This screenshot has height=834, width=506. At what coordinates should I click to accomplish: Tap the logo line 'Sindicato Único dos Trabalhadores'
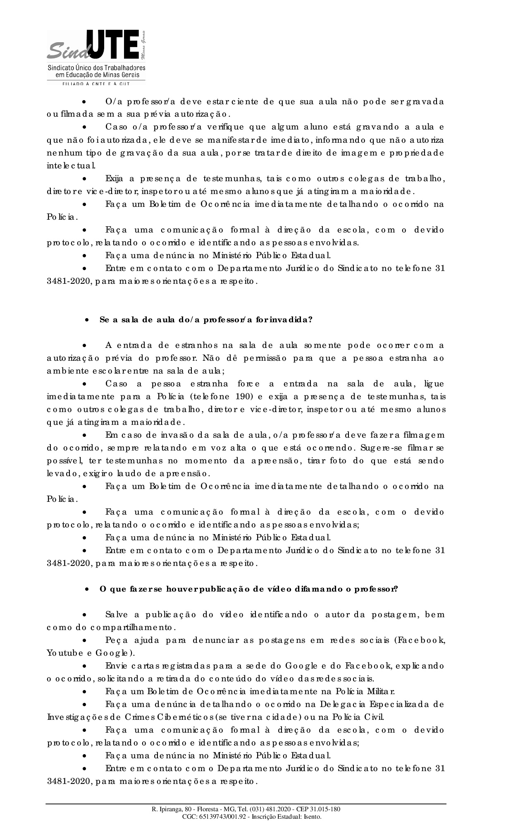pos(97,67)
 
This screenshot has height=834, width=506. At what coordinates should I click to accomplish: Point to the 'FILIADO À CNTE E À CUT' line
pos(96,84)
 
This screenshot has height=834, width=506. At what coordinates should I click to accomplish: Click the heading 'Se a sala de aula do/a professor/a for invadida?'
pos(205,320)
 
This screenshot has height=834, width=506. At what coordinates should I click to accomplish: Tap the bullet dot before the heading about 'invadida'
pos(87,320)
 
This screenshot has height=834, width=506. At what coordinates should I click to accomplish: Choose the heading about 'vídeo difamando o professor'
pos(248,589)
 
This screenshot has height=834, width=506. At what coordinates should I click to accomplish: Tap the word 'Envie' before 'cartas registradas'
pos(117,666)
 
